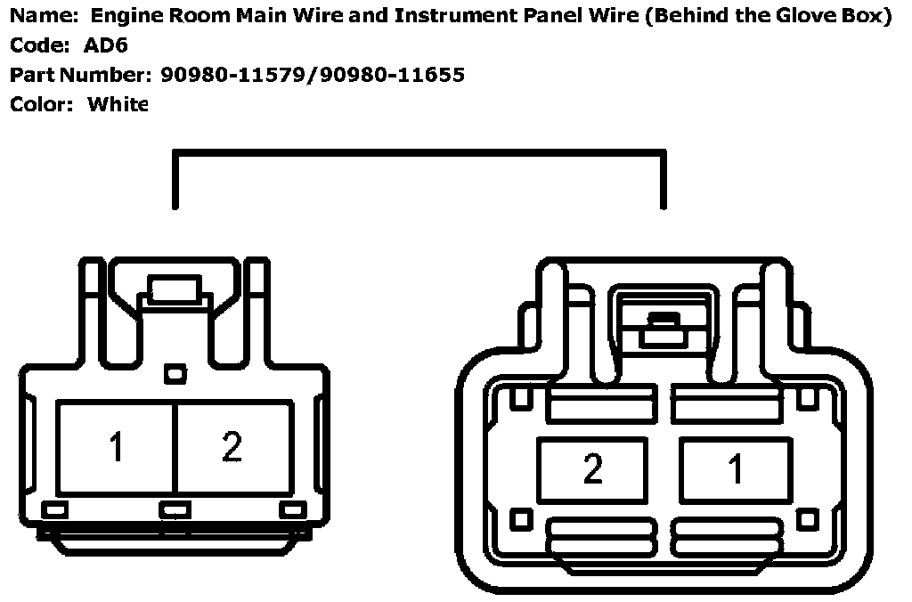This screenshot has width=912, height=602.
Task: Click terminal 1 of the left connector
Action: (x=117, y=447)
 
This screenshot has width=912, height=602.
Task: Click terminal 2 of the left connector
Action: (x=232, y=447)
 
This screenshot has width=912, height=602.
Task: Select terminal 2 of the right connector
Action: (x=592, y=468)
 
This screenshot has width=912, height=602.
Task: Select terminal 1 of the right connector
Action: (x=736, y=468)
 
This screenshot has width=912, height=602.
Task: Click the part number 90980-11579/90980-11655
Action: (x=313, y=75)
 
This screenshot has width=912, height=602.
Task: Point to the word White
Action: (x=118, y=104)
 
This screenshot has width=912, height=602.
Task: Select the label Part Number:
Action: (x=81, y=75)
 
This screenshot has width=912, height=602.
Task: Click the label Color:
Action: (x=41, y=104)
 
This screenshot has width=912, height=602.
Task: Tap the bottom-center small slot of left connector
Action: (x=175, y=509)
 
